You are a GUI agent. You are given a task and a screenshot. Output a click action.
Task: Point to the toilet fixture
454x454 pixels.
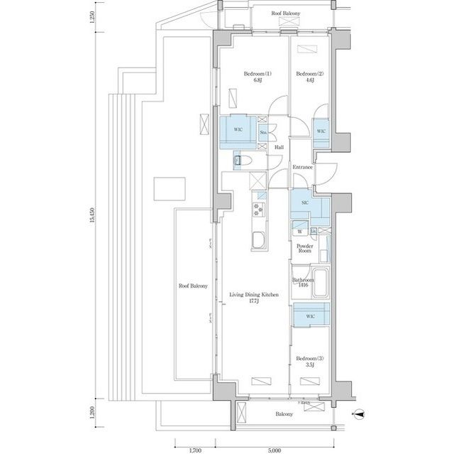coord(238,163)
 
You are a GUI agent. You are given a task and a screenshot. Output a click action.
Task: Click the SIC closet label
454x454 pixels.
coord(305,203)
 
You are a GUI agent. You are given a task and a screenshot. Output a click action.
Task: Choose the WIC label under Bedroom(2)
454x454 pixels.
coord(320,131)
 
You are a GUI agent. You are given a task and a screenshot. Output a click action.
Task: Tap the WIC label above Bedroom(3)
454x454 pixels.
coord(311,316)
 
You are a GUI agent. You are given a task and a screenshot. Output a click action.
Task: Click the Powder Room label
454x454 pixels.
coord(304,249)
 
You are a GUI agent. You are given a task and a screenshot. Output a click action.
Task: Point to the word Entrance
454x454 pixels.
coord(302,167)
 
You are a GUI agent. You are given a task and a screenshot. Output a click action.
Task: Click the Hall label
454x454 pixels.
coord(279,147)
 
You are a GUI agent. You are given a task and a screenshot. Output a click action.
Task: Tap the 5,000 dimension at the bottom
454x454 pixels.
coord(275,448)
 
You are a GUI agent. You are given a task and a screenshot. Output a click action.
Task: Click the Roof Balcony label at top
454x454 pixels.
coord(286,13)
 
